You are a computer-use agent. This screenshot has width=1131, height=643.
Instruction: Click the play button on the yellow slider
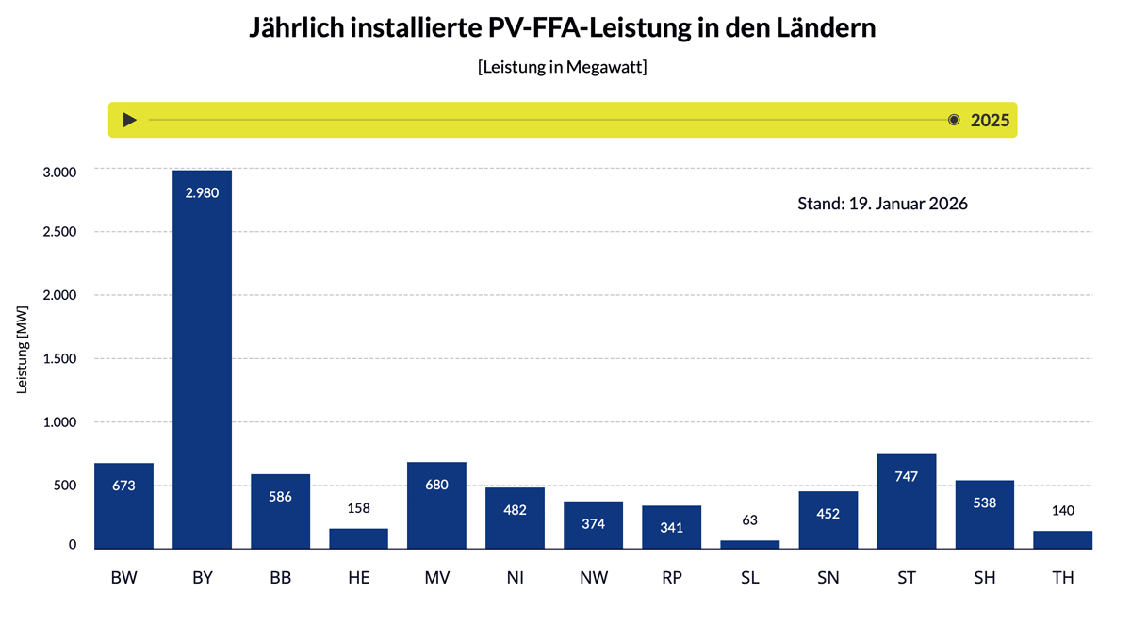click(130, 120)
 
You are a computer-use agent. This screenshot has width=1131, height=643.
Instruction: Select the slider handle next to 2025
click(954, 120)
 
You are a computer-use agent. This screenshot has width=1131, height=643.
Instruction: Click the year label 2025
click(990, 120)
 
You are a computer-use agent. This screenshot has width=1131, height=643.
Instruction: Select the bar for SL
click(750, 544)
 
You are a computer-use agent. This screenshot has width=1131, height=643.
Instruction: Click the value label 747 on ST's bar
click(907, 477)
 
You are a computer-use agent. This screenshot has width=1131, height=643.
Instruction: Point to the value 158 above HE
click(358, 509)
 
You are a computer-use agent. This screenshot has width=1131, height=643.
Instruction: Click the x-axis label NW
click(594, 578)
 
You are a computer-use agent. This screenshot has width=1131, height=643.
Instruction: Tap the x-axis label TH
click(1063, 578)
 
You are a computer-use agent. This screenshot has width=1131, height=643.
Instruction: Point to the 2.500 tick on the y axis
click(59, 232)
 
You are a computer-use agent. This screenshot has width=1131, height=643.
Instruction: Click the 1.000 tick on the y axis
click(59, 422)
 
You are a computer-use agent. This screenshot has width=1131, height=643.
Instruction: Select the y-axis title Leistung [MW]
click(23, 359)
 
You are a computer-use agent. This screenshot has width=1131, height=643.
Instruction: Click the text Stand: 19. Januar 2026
click(882, 204)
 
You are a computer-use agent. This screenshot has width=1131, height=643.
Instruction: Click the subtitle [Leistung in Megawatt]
click(563, 68)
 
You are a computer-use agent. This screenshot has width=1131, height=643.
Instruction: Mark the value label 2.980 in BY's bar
click(203, 192)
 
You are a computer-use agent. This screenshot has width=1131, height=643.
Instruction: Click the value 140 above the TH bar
click(1063, 511)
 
